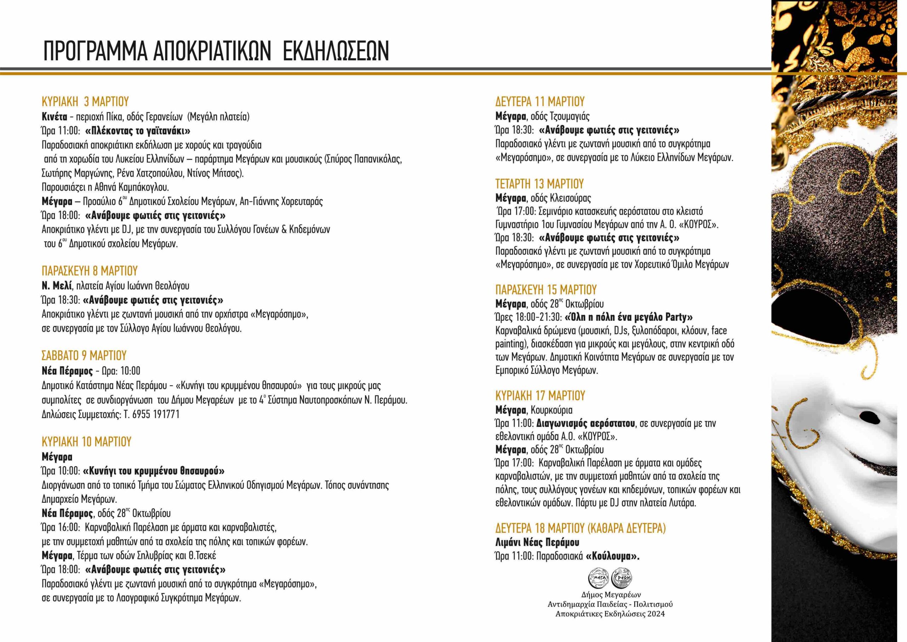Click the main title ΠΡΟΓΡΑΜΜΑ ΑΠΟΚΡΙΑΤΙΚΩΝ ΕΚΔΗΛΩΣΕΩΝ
[x=216, y=50]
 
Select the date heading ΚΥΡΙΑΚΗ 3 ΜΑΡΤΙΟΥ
[x=85, y=102]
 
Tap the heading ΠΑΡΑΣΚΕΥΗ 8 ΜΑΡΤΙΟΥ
[x=90, y=271]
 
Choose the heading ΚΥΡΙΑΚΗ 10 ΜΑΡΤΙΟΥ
[x=86, y=441]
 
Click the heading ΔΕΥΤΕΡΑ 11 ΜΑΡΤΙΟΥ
[x=540, y=102]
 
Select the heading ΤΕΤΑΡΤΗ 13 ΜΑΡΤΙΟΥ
[x=540, y=184]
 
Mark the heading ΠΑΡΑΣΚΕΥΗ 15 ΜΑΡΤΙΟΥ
[x=546, y=290]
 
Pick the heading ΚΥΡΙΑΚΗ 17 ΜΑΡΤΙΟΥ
[x=540, y=395]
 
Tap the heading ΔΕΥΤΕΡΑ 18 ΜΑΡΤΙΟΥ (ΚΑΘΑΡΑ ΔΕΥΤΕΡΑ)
[x=581, y=528]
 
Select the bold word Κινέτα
[x=55, y=117]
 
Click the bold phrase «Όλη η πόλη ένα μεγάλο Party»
[x=629, y=317]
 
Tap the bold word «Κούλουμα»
[x=613, y=556]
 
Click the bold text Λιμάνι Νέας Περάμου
[x=537, y=542]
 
